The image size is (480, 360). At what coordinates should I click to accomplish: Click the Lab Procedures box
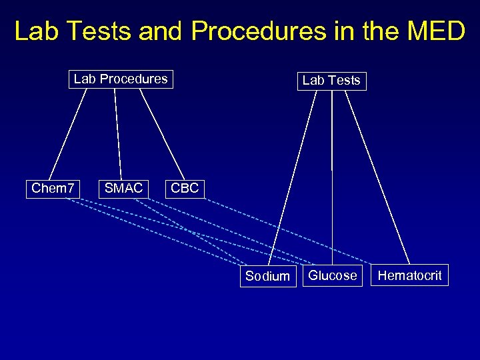point(121,79)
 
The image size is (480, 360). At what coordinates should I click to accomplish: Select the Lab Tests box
point(331,81)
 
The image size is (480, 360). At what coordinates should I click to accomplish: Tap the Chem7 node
point(53,188)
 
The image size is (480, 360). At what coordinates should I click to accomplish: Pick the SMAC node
point(123,188)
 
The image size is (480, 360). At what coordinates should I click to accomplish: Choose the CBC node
point(185,188)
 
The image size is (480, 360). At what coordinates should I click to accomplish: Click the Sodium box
point(267,276)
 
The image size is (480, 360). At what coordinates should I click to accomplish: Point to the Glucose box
point(333,275)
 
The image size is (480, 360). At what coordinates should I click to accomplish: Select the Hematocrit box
point(409,275)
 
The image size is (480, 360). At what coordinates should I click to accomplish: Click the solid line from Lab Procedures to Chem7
point(69,133)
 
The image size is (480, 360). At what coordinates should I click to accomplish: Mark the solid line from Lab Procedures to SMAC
point(118,133)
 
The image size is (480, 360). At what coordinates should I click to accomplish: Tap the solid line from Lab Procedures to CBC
point(162,133)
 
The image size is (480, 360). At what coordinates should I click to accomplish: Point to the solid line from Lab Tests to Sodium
point(294,177)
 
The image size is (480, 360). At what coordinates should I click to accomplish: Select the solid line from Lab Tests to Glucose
point(332,177)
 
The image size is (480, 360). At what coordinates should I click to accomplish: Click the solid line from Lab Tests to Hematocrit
point(379,177)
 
